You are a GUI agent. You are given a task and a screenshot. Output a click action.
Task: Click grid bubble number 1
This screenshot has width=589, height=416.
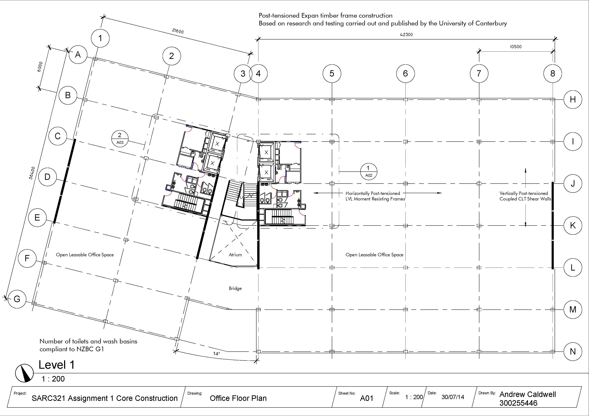[100, 38]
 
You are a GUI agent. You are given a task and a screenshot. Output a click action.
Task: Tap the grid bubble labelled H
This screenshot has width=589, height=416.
[573, 99]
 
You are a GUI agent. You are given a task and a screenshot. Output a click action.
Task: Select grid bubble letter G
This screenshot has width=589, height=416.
[17, 299]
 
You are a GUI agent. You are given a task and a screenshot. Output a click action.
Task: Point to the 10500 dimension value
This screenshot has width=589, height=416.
[516, 47]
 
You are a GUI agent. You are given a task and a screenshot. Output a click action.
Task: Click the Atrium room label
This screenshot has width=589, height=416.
[235, 255]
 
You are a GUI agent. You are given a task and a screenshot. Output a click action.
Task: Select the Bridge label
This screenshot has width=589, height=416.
[235, 288]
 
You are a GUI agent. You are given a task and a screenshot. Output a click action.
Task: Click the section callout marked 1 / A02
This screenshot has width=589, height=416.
[368, 171]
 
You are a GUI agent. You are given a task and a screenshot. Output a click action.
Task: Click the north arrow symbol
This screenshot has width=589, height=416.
[25, 373]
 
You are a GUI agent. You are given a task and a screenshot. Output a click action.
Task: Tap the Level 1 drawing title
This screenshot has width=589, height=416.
[56, 365]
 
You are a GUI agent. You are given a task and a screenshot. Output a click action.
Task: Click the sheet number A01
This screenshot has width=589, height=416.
[366, 398]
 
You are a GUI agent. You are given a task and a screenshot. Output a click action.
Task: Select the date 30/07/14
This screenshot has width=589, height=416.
[453, 397]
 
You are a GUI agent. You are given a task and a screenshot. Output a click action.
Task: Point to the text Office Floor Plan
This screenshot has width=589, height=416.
[238, 398]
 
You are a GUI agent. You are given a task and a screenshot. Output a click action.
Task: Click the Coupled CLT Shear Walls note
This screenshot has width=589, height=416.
[525, 199]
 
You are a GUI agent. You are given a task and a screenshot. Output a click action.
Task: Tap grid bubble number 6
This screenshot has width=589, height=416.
[405, 74]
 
